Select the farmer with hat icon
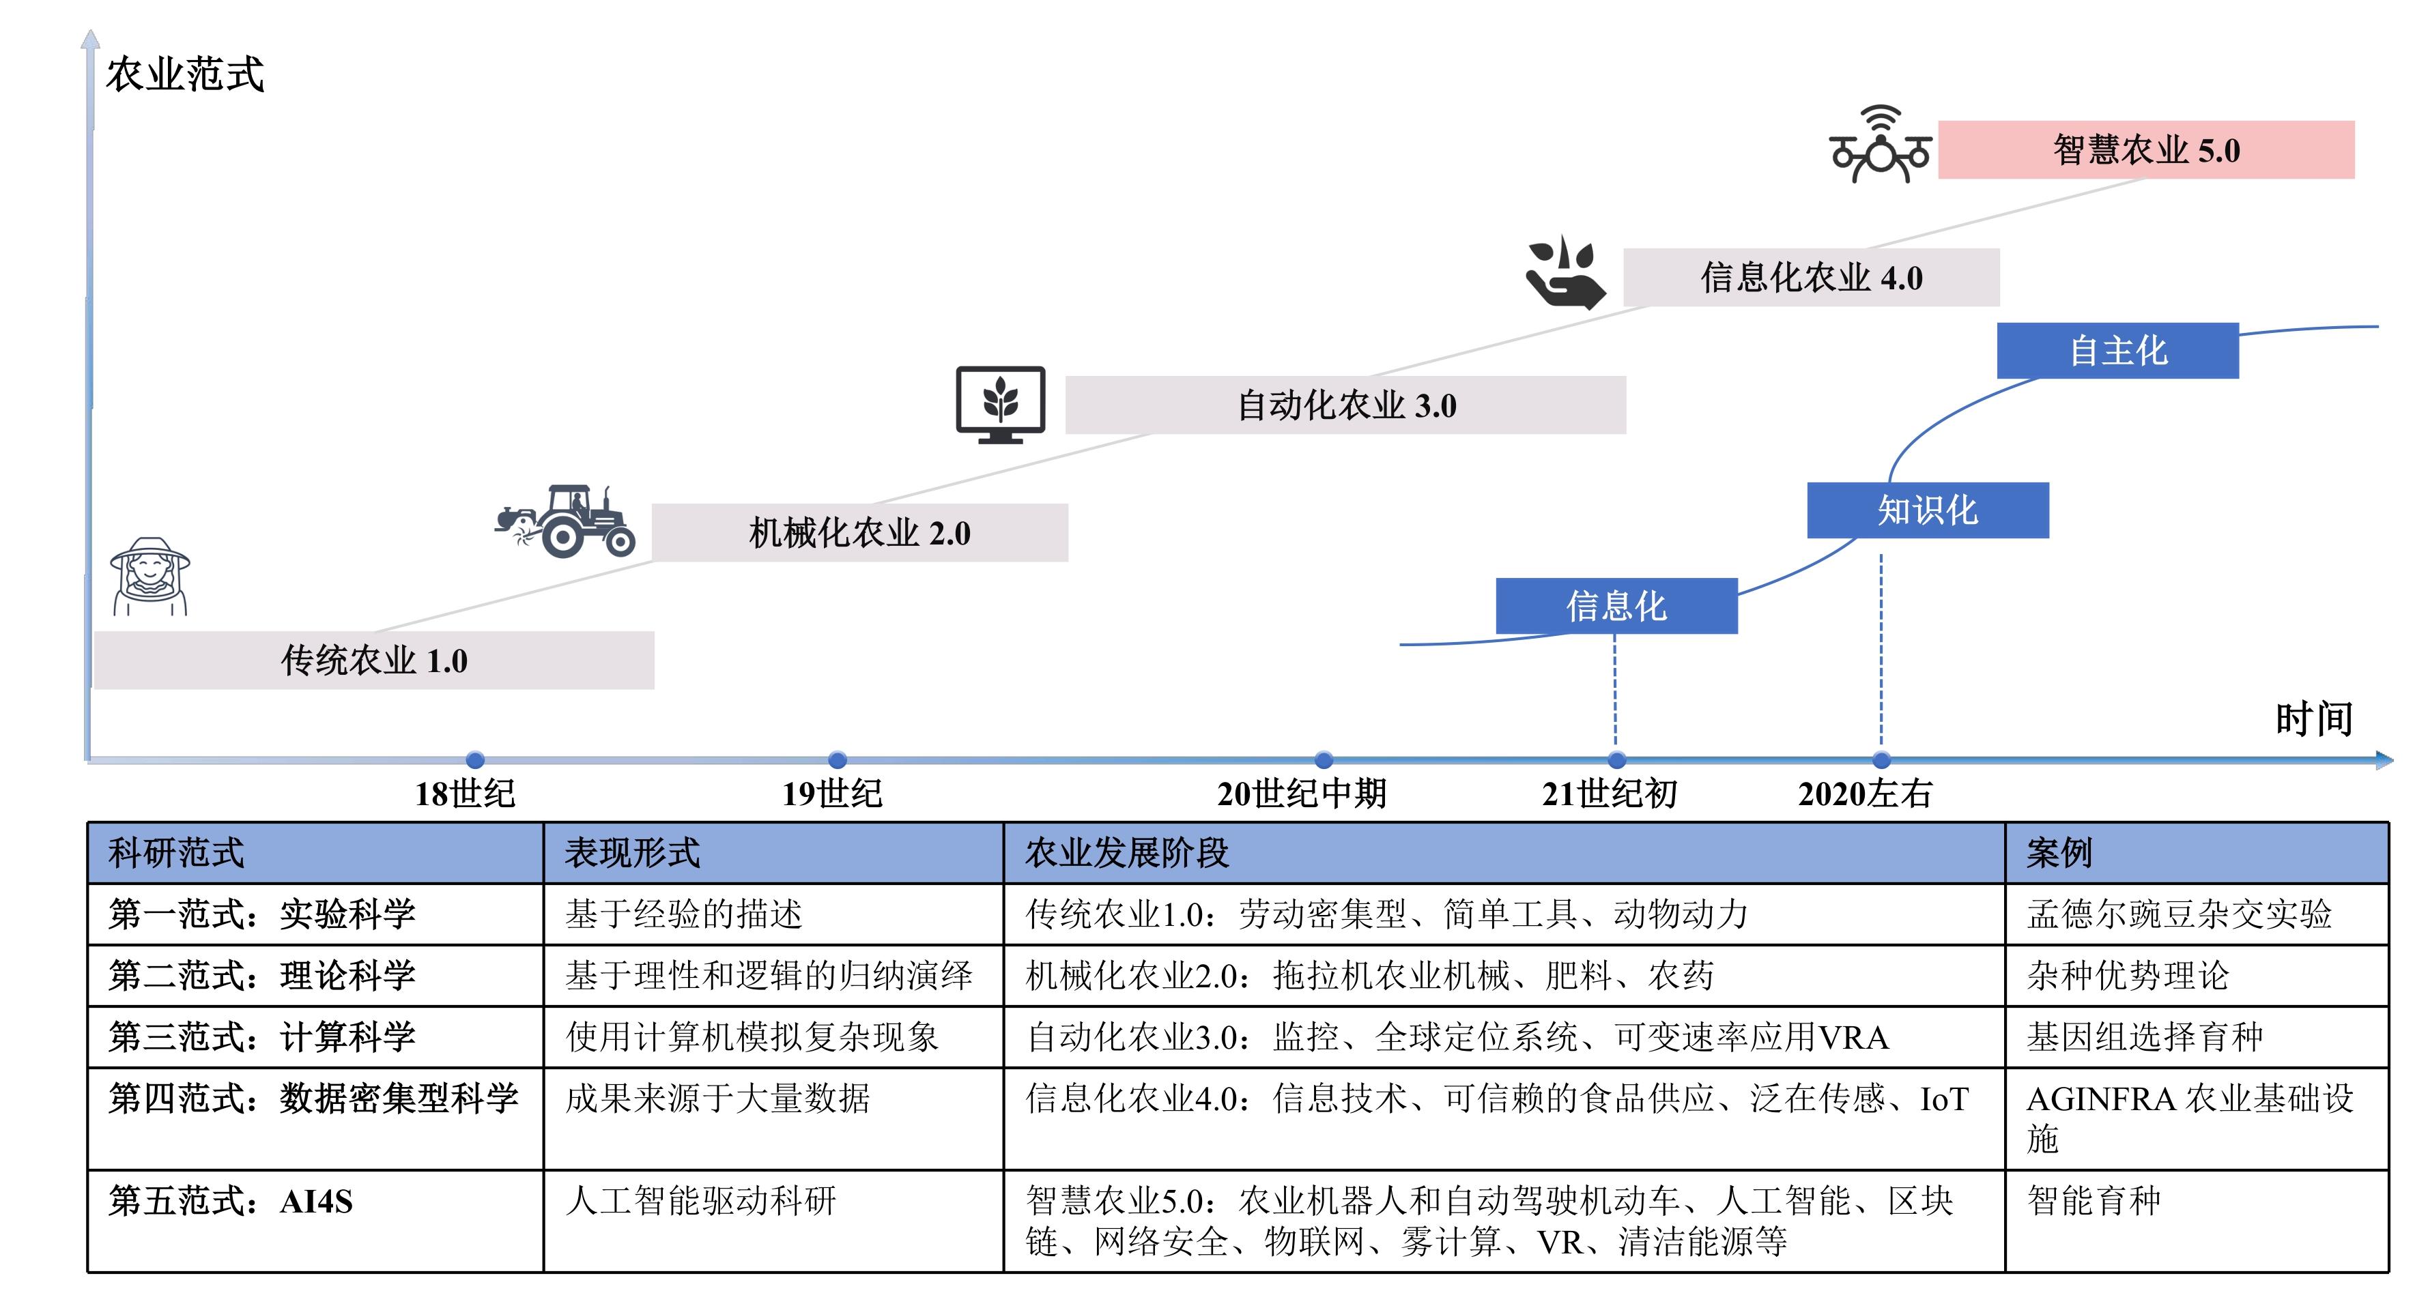click(x=150, y=577)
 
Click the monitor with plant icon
click(x=1000, y=405)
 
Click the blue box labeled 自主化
click(x=2117, y=351)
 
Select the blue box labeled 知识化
click(x=1928, y=510)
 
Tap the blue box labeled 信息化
click(x=1616, y=606)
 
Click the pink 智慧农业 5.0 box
click(x=2146, y=150)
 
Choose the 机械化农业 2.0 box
click(x=859, y=532)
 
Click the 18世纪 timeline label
click(x=466, y=794)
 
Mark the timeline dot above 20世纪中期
click(x=1324, y=759)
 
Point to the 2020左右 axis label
click(x=1866, y=794)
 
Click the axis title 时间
click(x=2314, y=719)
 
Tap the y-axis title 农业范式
click(x=185, y=74)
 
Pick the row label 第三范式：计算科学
click(x=262, y=1036)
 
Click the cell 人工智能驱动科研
click(x=701, y=1201)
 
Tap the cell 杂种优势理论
click(x=2128, y=976)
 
